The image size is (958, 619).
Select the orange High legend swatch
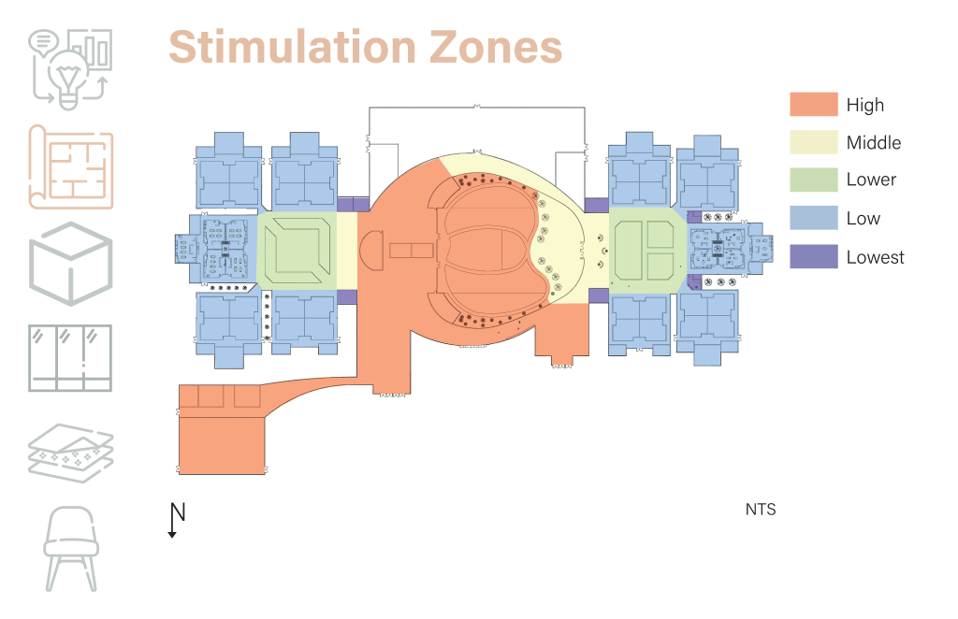point(813,105)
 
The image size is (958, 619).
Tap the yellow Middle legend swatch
point(813,142)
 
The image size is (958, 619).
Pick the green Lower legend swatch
point(813,180)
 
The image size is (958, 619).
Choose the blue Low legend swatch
point(813,218)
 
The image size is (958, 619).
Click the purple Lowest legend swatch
point(813,256)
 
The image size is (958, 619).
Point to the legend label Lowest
point(875,257)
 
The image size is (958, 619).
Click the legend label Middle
point(874,143)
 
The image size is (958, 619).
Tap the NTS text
point(761,510)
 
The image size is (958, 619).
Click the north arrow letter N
point(178,512)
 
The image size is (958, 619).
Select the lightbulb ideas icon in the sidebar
point(71,65)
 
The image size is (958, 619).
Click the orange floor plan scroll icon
point(71,166)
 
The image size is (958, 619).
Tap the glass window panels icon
point(71,358)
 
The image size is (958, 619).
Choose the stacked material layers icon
point(71,451)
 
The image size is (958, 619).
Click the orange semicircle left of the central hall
point(372,251)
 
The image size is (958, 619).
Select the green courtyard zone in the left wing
point(297,250)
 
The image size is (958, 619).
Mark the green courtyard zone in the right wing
point(646,250)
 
